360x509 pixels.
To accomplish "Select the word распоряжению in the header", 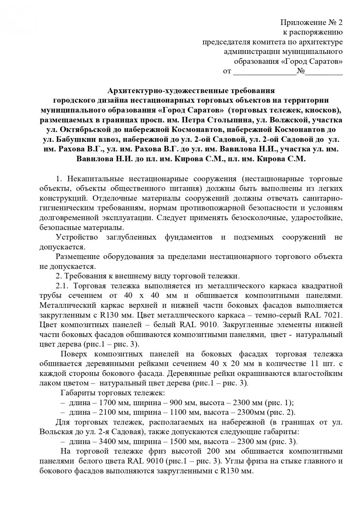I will (312, 33).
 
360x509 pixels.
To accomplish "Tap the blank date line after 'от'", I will (264, 72).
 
